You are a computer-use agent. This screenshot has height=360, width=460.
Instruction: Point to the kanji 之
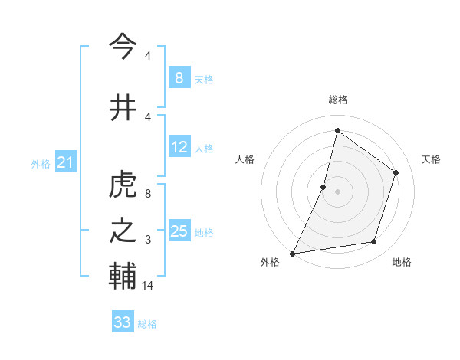coord(123,231)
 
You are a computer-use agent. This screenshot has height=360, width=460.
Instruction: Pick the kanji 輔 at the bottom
coord(123,276)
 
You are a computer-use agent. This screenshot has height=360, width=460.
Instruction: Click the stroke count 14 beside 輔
coord(149,286)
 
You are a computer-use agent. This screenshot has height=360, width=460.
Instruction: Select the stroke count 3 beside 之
coord(147,240)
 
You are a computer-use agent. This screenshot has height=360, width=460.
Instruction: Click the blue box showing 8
coord(179,78)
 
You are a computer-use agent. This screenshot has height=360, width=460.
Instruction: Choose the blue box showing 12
coord(179,147)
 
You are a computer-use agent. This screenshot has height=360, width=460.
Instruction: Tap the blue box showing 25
coord(179,231)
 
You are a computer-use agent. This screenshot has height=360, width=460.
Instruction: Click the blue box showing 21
coord(65,162)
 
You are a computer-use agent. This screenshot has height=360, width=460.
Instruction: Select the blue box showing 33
coord(122,322)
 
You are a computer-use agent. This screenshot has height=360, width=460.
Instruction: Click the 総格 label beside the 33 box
coord(147,324)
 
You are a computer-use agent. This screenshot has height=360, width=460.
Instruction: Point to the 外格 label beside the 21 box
coord(41,164)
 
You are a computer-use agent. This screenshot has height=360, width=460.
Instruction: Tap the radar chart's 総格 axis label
coord(337,100)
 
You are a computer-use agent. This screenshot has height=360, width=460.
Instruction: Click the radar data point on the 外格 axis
coord(292,253)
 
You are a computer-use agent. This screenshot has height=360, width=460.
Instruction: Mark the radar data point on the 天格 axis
coord(396,172)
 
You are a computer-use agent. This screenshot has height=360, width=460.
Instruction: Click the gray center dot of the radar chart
coord(337,191)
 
